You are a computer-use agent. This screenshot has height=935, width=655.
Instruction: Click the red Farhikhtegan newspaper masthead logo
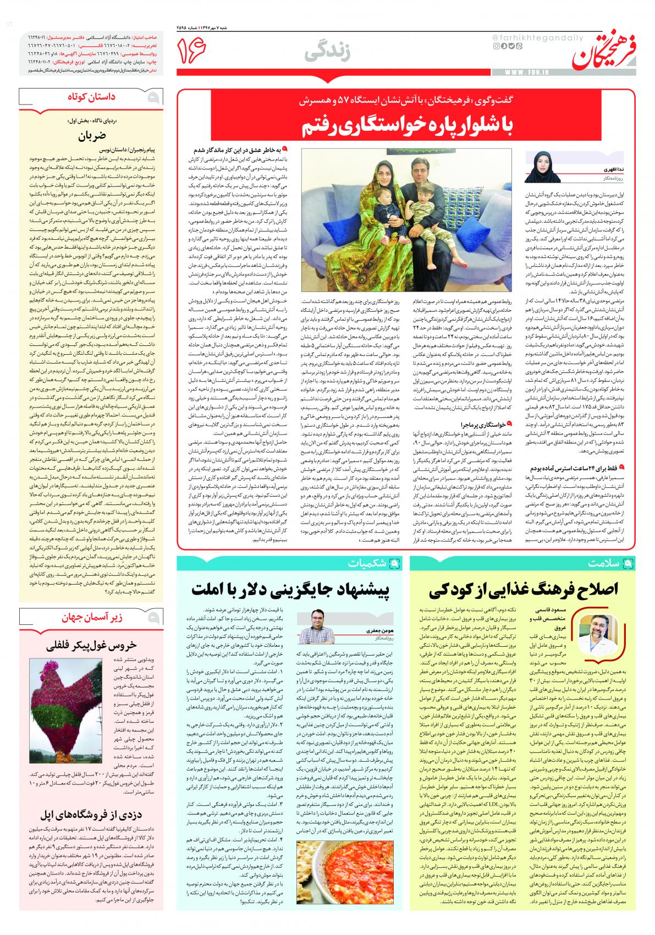coord(608,50)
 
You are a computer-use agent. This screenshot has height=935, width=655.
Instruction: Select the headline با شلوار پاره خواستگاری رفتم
coord(407,127)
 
